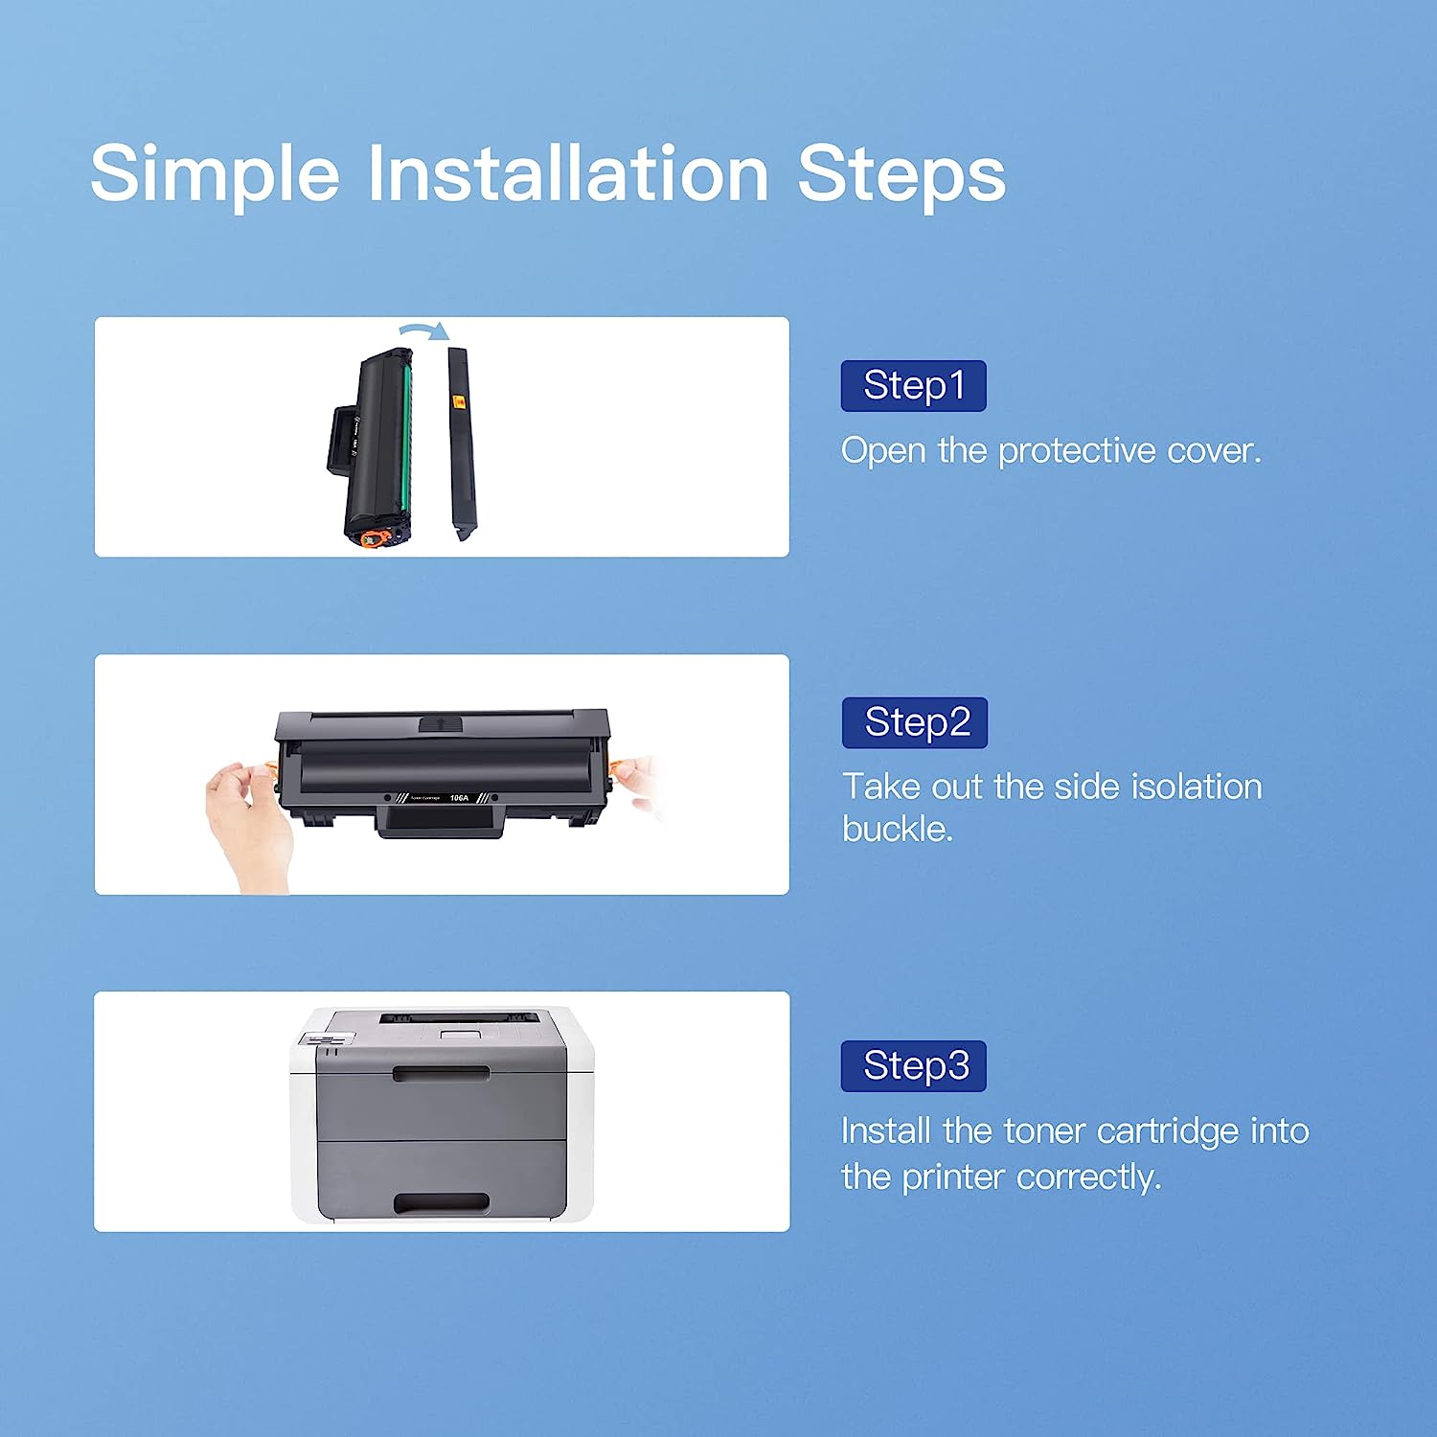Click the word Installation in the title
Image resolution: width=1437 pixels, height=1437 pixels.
tap(569, 172)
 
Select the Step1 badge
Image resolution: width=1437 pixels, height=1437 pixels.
tap(913, 386)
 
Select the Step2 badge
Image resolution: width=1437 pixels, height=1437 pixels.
tap(914, 723)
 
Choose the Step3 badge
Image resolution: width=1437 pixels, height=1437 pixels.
tap(913, 1066)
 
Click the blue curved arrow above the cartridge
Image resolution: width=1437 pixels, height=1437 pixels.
tap(424, 331)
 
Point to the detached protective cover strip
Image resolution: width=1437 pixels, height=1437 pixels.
tap(461, 444)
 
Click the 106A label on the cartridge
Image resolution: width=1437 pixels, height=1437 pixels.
tap(459, 798)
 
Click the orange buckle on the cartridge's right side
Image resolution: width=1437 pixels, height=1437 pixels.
tap(621, 768)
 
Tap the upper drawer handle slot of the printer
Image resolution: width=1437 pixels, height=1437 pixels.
tap(441, 1075)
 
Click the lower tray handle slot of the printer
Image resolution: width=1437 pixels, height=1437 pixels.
tap(442, 1202)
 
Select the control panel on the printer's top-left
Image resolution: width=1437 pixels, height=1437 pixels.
tap(327, 1039)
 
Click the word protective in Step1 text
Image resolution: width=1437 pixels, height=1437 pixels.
tap(1077, 451)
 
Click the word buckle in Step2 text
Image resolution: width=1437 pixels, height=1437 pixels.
tap(898, 829)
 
